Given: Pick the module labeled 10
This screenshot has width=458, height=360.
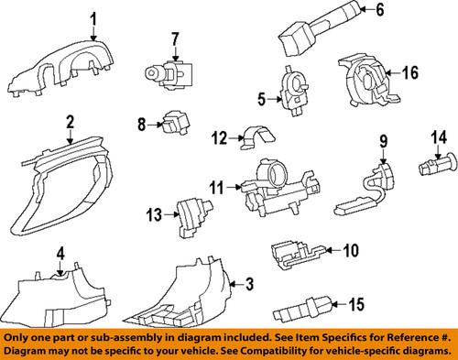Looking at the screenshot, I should click(298, 250).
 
